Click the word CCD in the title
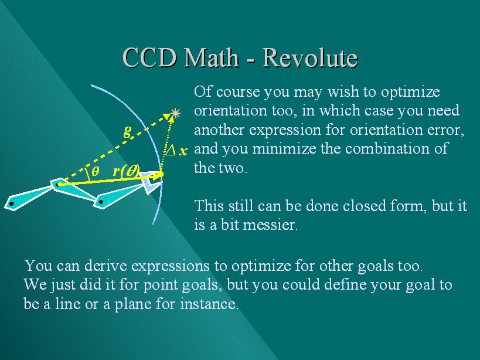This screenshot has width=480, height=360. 150,57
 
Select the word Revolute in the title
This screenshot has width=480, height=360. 310,57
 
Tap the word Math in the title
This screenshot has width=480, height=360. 212,57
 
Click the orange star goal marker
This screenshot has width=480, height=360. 175,113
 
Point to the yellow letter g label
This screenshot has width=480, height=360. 128,133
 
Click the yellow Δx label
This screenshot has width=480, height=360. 176,151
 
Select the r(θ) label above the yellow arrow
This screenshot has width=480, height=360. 126,171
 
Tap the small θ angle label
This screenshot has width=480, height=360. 95,171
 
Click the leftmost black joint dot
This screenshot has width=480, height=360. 12,203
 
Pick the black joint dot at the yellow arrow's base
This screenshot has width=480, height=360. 57,185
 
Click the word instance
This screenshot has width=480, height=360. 209,304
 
